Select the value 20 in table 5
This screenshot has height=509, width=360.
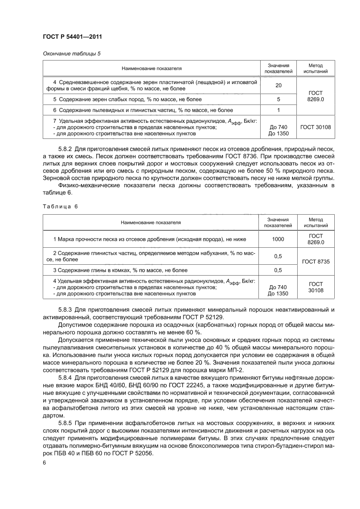point(278,85)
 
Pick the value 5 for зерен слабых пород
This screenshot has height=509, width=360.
point(278,99)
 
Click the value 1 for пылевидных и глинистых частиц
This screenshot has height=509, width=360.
point(278,110)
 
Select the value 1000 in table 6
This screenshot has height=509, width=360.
point(278,239)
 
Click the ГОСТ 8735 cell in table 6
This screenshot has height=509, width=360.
point(316,262)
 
